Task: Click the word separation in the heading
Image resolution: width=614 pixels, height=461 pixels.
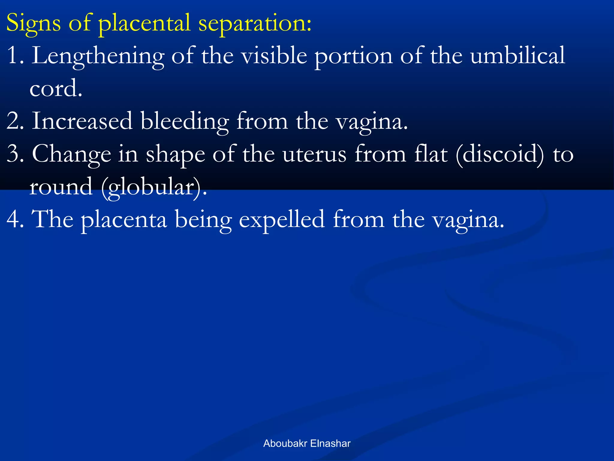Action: tap(255, 23)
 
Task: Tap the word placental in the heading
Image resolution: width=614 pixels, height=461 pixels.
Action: tap(145, 23)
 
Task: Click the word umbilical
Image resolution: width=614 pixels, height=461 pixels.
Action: tap(518, 56)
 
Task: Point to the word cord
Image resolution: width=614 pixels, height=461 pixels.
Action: tap(56, 89)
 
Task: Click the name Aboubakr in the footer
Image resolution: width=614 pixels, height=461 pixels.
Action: tap(285, 444)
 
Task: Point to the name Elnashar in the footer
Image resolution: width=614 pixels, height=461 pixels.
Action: tap(330, 444)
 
